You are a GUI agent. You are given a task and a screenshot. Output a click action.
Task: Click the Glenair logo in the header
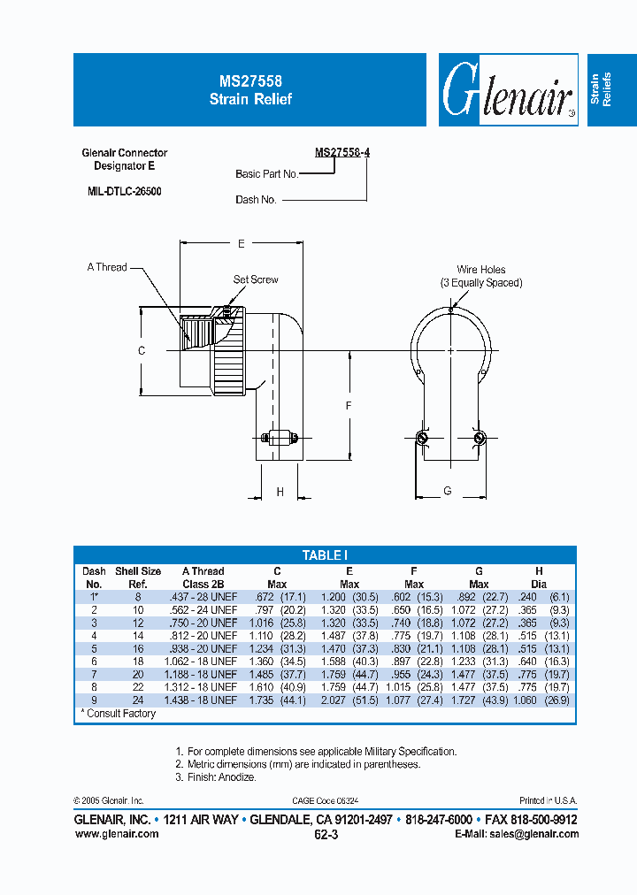pyautogui.click(x=508, y=90)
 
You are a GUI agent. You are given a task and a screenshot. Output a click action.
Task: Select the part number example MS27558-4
pyautogui.click(x=342, y=152)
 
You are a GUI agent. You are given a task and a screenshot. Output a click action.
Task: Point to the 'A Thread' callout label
pyautogui.click(x=107, y=267)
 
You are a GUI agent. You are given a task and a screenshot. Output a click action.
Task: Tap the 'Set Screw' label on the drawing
pyautogui.click(x=256, y=279)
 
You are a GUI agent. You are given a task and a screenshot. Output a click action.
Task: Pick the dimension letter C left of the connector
pyautogui.click(x=141, y=351)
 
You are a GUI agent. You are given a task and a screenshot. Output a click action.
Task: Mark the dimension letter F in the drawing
pyautogui.click(x=349, y=405)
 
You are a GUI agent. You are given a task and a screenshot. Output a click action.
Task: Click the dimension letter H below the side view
pyautogui.click(x=280, y=492)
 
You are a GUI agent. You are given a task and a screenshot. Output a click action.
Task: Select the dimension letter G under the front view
pyautogui.click(x=448, y=491)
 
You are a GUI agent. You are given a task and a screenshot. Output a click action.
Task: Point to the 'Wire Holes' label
pyautogui.click(x=481, y=270)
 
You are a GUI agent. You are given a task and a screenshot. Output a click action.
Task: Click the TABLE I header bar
pyautogui.click(x=325, y=555)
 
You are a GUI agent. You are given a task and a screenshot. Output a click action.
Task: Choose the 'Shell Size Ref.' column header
pyautogui.click(x=139, y=578)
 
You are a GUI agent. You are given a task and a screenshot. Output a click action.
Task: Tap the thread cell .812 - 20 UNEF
pyautogui.click(x=203, y=634)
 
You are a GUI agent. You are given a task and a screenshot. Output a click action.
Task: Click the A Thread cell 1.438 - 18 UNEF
pyautogui.click(x=203, y=700)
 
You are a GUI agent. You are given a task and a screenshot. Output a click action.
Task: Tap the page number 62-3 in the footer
pyautogui.click(x=326, y=833)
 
